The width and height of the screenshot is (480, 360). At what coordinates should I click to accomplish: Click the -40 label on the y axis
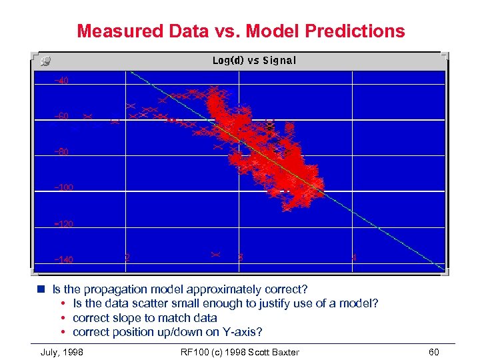tap(61, 81)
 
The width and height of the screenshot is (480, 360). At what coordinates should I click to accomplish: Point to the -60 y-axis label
tap(61, 117)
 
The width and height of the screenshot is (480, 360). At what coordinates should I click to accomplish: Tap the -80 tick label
tap(61, 152)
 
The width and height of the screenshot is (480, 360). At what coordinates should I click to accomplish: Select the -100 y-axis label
tap(63, 188)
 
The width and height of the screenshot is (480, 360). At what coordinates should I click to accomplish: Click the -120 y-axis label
tap(63, 224)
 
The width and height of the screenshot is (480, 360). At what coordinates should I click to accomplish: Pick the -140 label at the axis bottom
tap(63, 259)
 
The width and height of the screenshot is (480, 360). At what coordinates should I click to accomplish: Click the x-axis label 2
tap(127, 257)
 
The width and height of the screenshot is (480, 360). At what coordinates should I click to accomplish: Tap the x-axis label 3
tap(240, 257)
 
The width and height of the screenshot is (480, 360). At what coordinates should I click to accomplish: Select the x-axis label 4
tap(354, 257)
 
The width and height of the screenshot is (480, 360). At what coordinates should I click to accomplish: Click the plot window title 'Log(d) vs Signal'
tap(254, 61)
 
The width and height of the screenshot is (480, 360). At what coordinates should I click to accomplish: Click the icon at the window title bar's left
tap(45, 61)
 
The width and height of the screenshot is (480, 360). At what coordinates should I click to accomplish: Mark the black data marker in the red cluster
tap(270, 125)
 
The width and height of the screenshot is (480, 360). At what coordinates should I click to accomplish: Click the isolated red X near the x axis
tap(215, 254)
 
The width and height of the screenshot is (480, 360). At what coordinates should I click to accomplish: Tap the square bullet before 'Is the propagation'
tap(41, 290)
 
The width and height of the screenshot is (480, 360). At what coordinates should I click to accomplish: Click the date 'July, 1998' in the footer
tap(62, 352)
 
